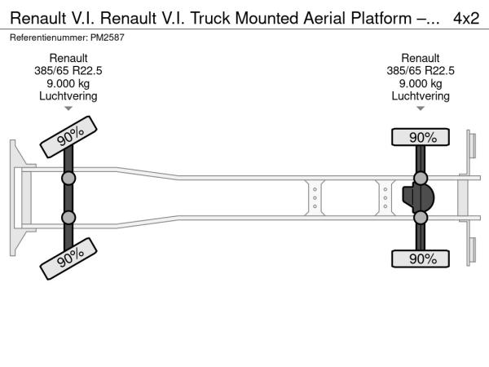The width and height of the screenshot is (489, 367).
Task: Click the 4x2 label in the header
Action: coord(465,17)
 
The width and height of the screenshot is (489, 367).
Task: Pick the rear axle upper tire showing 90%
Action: coord(422,137)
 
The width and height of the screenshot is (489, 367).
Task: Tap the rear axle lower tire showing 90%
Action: coord(422,259)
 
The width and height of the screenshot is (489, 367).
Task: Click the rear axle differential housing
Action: coord(419,198)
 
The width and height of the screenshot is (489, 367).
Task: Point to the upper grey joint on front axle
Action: coord(68,179)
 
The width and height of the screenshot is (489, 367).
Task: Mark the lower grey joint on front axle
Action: coord(68,218)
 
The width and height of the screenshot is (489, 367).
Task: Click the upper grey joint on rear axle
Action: coord(421,179)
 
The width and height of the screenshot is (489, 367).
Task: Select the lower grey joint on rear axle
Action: coord(421,218)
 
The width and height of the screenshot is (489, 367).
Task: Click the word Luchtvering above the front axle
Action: coord(68,96)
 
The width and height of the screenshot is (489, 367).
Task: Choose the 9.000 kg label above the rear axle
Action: coord(421,83)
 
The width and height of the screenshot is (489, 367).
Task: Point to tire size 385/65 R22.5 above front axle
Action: coord(68,71)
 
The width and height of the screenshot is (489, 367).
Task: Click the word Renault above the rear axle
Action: coord(421,58)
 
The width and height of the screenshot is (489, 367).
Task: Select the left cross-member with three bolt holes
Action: coord(315,198)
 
